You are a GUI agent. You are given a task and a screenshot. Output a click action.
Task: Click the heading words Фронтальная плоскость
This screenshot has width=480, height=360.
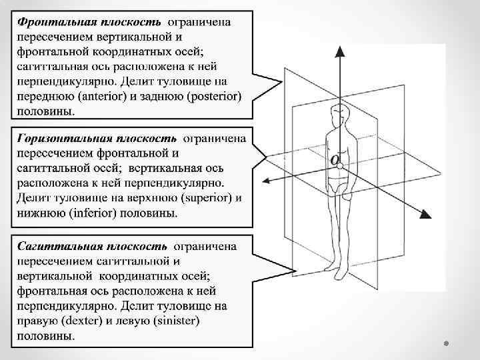tap(89, 21)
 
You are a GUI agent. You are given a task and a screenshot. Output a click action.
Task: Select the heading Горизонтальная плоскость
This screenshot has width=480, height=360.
tap(97, 139)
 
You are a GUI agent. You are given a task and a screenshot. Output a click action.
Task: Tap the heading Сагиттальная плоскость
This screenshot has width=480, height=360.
tap(93, 246)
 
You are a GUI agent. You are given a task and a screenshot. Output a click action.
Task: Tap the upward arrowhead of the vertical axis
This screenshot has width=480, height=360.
tap(340, 52)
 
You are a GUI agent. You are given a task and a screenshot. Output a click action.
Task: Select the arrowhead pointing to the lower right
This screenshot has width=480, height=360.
tap(425, 214)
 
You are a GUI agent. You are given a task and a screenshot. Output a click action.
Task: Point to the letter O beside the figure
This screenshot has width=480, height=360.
tap(334, 159)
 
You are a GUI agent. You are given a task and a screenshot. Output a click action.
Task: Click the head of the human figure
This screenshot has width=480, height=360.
tap(341, 113)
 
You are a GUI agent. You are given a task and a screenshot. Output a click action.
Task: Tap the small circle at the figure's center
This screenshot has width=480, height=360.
tap(340, 164)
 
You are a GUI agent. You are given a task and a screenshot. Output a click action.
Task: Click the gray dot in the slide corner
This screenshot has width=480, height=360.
tap(448, 344)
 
